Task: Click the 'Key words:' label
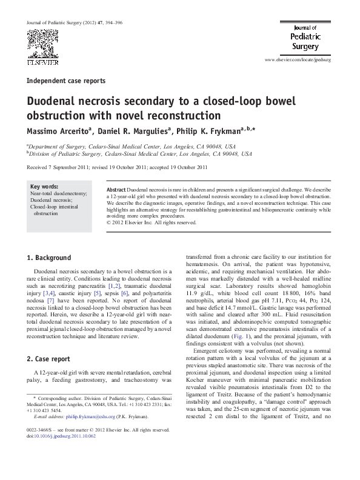click(x=44, y=187)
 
